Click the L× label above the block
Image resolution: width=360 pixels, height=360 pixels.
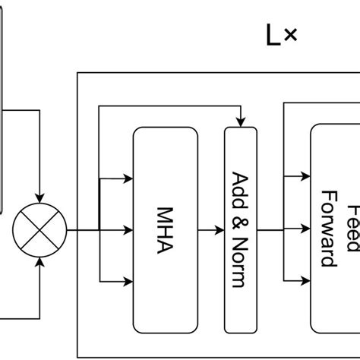(282, 36)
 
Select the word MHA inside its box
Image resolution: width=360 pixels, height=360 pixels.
(165, 229)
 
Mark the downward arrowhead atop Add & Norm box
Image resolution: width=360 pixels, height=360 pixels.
(241, 122)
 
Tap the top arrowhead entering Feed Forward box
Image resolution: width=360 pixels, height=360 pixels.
(305, 179)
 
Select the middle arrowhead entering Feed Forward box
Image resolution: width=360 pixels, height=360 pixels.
(305, 229)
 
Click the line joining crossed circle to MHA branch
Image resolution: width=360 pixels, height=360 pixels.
(82, 229)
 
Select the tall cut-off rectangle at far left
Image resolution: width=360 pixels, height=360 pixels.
(2, 106)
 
